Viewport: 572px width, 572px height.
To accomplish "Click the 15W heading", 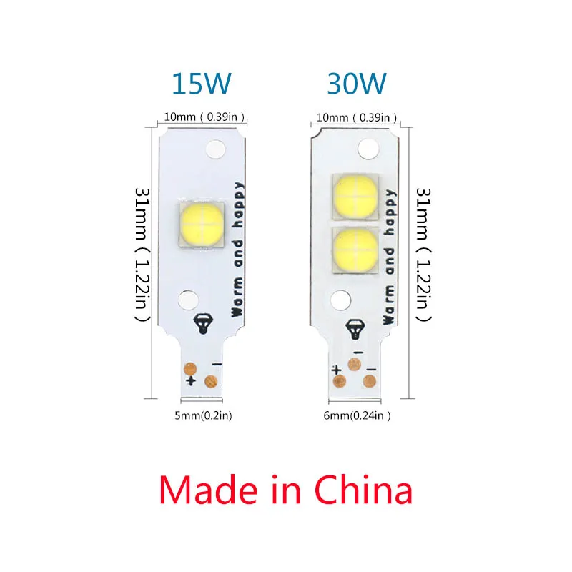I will [x=202, y=84].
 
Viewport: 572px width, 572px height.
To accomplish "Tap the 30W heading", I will [x=357, y=84].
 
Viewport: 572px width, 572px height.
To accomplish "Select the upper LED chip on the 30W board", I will [x=355, y=194].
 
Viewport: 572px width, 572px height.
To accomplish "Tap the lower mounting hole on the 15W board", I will [x=187, y=298].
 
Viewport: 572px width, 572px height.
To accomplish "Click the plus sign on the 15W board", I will [x=191, y=380].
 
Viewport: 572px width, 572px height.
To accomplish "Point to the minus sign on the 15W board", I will [x=216, y=364].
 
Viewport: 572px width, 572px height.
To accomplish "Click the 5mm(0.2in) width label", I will [x=204, y=415].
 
